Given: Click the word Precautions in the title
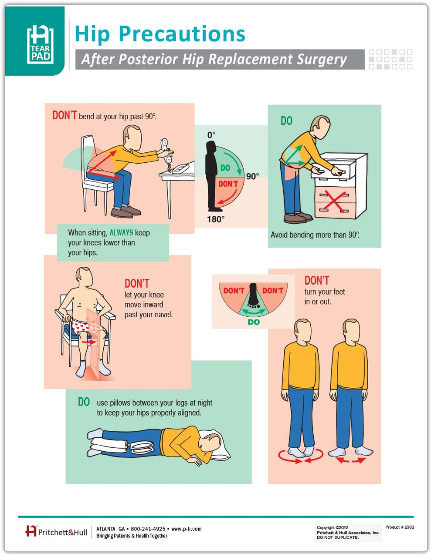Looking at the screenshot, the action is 182,34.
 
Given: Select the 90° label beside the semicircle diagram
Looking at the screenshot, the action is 252,176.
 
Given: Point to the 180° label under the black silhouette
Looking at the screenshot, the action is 216,219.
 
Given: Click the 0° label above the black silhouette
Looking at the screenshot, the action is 211,135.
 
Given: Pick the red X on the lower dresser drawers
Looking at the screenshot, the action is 334,201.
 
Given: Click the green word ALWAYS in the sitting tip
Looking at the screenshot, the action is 121,232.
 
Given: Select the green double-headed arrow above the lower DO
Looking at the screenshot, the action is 254,312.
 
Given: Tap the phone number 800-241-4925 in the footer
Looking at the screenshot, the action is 148,529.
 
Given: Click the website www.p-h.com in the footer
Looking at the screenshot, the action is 187,529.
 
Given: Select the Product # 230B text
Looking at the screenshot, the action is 400,527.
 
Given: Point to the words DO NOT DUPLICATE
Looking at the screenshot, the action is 338,537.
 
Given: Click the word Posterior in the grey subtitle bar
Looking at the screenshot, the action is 148,59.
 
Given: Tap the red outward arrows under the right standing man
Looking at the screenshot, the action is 351,460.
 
